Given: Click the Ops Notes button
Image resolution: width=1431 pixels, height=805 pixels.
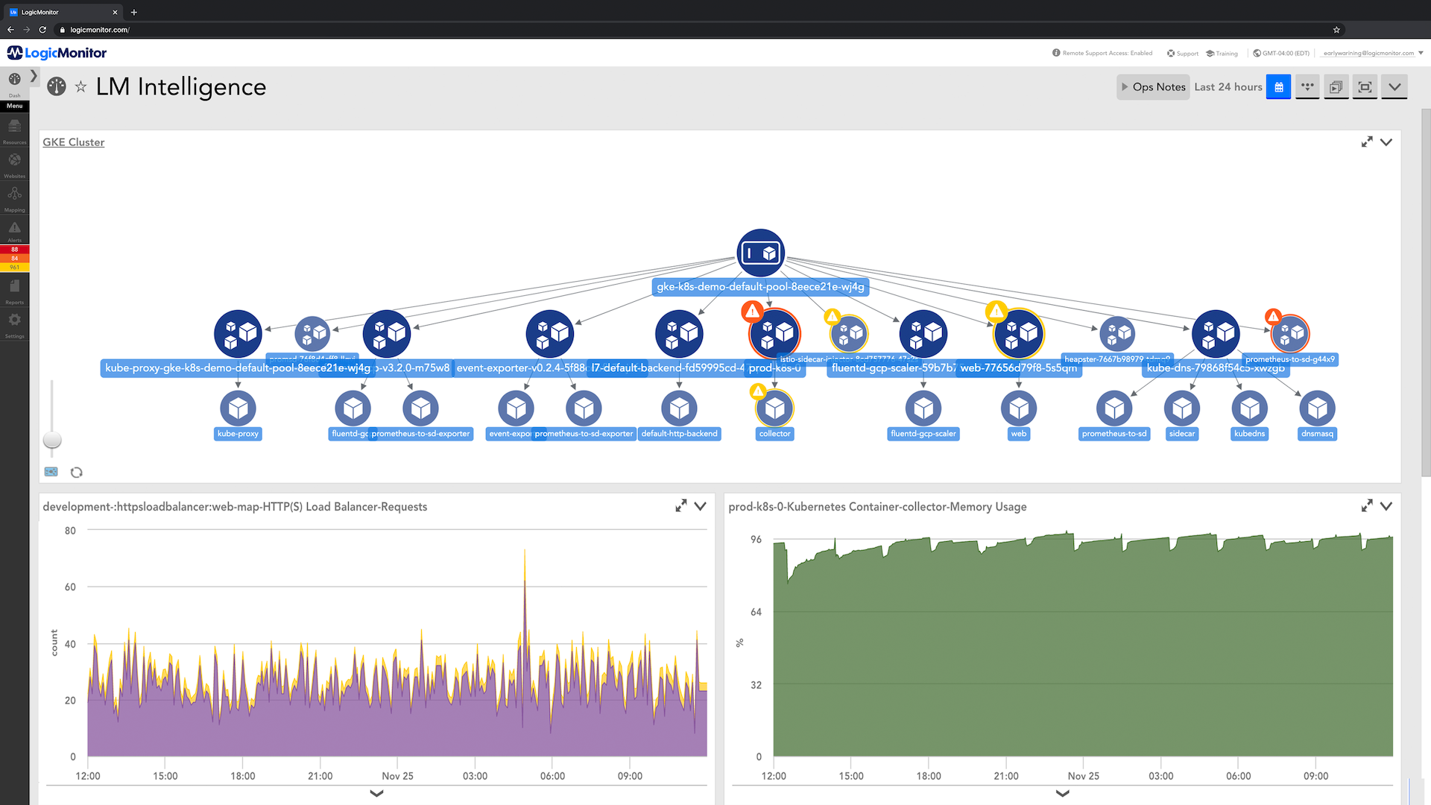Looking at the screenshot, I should [x=1153, y=87].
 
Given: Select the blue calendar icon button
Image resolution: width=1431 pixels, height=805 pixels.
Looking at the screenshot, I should [x=1278, y=87].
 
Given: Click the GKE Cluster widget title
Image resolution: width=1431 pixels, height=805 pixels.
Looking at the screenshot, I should [x=73, y=142].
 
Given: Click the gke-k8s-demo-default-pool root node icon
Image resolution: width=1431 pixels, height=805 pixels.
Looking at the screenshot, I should [x=760, y=253].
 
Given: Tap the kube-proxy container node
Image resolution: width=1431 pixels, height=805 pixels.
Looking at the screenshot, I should [x=238, y=408].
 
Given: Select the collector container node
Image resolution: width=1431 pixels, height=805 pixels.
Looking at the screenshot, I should [x=774, y=408].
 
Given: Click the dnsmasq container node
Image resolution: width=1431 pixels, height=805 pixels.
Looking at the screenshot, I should [x=1317, y=408].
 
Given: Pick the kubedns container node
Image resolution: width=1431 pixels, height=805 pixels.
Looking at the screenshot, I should [x=1249, y=408].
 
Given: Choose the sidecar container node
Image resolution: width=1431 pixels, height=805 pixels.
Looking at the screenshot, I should [x=1181, y=408].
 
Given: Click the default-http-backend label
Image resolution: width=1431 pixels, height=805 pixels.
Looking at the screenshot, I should [x=679, y=434].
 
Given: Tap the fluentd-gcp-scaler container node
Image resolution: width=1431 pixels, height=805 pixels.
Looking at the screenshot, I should [x=923, y=408].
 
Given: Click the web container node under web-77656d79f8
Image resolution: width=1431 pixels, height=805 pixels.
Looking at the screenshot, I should [x=1018, y=408].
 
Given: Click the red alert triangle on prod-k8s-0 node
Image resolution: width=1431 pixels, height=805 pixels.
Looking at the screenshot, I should [x=752, y=311].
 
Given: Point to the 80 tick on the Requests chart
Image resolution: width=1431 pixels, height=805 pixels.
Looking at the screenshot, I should [x=70, y=531].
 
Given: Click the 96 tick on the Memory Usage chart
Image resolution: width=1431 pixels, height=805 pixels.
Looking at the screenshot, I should [x=756, y=540].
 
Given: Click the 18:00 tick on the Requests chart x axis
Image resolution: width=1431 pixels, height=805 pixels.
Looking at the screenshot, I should [x=243, y=776].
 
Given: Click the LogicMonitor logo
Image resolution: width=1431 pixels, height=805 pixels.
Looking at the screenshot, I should [x=57, y=53].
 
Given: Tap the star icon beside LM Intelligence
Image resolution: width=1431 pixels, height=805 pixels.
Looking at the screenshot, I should [x=80, y=87].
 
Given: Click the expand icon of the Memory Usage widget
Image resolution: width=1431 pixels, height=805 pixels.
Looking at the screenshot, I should [x=1366, y=506].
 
